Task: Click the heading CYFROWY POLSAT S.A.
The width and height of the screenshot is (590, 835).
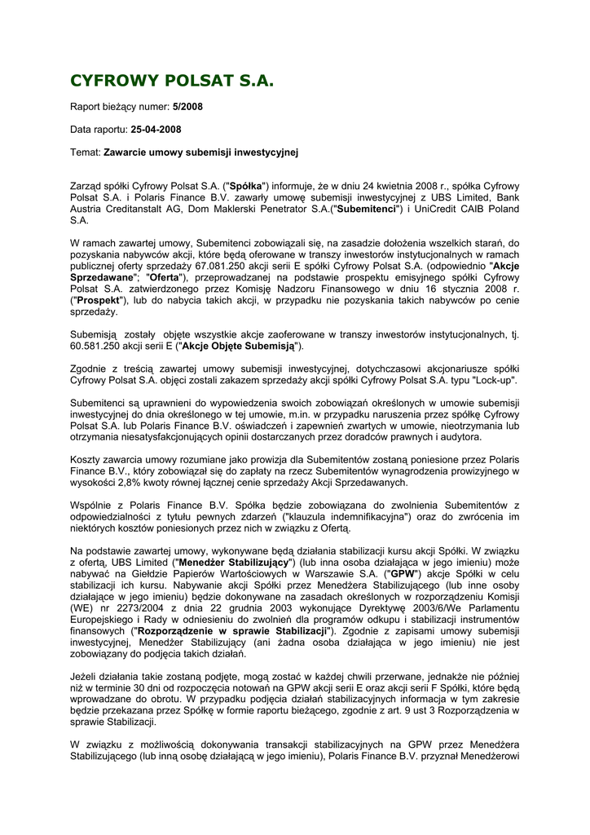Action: pyautogui.click(x=172, y=81)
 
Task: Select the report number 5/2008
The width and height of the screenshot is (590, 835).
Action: pyautogui.click(x=187, y=106)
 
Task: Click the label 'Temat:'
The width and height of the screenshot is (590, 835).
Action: pyautogui.click(x=86, y=152)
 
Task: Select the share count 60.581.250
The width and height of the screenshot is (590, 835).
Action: pyautogui.click(x=101, y=346)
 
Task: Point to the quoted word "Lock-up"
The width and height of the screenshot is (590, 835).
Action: pyautogui.click(x=495, y=380)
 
